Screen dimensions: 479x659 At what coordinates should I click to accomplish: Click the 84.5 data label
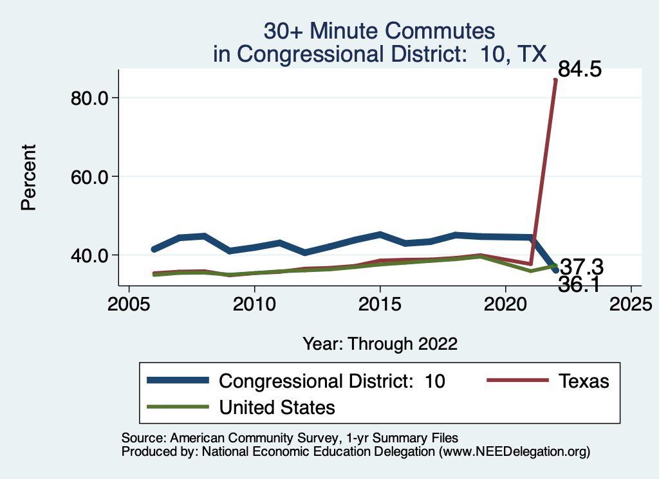pyautogui.click(x=580, y=69)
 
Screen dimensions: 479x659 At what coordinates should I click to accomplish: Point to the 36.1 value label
pyautogui.click(x=580, y=285)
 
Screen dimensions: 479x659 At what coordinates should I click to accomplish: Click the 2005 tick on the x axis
pyautogui.click(x=129, y=302)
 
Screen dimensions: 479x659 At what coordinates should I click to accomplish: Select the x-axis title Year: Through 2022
pyautogui.click(x=380, y=343)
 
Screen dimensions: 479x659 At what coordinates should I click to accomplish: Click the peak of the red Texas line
pyautogui.click(x=555, y=80)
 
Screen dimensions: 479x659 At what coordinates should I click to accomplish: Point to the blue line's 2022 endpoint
pyautogui.click(x=555, y=270)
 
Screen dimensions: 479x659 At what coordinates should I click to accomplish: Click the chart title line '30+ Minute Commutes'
pyautogui.click(x=379, y=31)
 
